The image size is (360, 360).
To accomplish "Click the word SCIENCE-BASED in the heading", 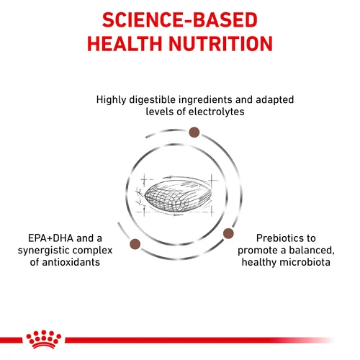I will pyautogui.click(x=179, y=19).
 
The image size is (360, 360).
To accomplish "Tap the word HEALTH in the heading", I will pyautogui.click(x=132, y=44).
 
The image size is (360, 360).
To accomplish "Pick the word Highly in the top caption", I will pyautogui.click(x=113, y=99).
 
